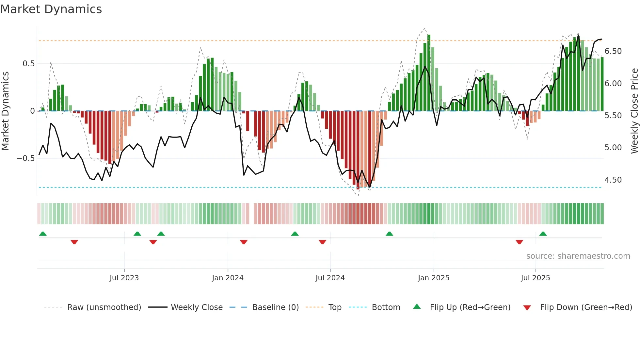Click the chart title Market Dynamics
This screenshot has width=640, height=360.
click(51, 9)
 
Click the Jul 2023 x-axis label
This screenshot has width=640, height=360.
click(124, 278)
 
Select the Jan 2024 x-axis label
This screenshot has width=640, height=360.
click(228, 278)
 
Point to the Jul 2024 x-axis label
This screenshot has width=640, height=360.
click(330, 278)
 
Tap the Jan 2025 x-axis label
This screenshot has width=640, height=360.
click(434, 278)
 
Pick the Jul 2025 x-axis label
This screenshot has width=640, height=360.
click(536, 278)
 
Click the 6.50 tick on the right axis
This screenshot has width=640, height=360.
click(613, 51)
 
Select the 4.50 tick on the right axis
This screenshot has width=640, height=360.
click(613, 180)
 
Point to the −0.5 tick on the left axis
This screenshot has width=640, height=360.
click(25, 158)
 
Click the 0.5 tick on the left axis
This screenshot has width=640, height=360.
click(28, 64)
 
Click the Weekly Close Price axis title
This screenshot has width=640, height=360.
click(634, 111)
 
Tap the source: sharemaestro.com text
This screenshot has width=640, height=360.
click(578, 256)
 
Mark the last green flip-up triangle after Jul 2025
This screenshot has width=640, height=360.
click(543, 234)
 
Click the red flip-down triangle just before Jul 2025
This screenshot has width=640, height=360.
click(520, 242)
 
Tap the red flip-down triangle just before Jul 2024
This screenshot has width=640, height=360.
click(323, 242)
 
